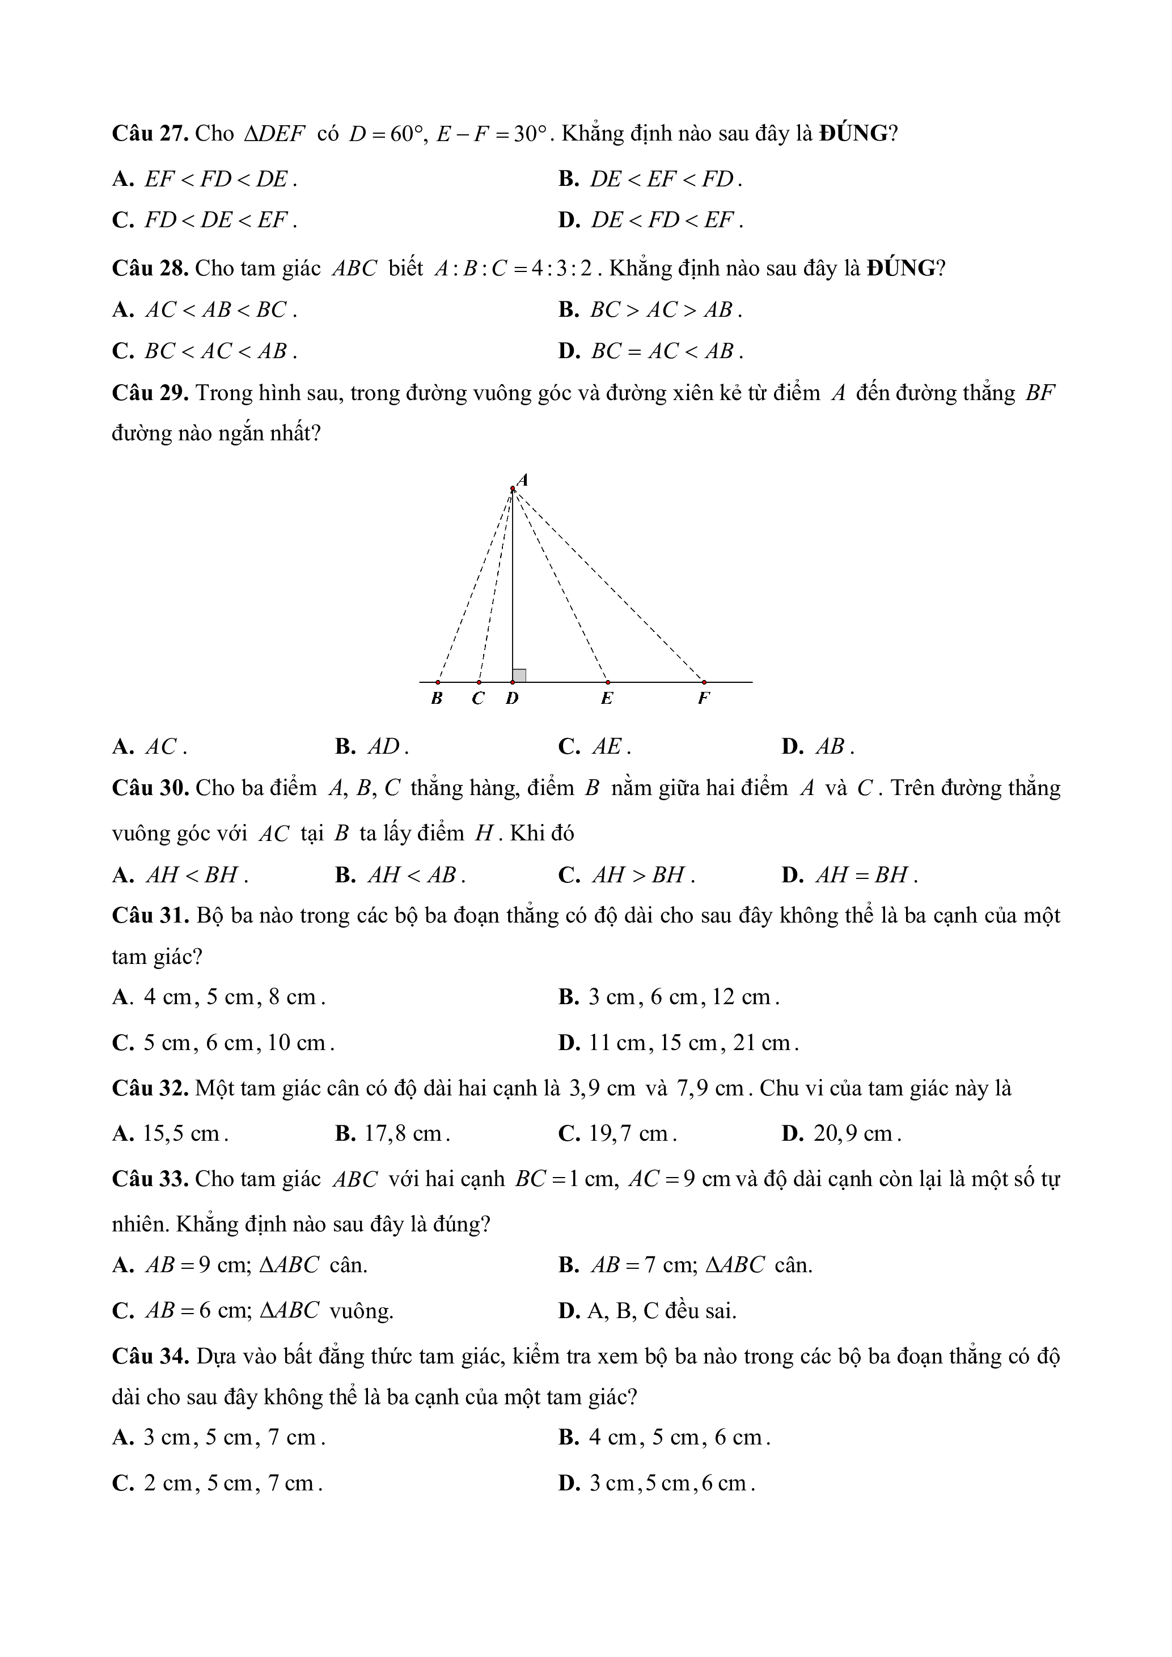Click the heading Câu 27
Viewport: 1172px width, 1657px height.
point(150,134)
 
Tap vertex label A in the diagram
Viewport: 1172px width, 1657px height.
point(523,479)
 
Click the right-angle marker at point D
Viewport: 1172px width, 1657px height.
point(519,675)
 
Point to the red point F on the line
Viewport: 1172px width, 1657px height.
point(704,681)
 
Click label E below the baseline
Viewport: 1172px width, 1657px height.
point(607,699)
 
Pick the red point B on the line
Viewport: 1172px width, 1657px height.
point(438,681)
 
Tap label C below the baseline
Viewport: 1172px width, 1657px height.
point(478,699)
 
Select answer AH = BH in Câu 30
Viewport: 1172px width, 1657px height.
point(862,875)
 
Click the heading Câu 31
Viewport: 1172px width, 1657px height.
point(150,916)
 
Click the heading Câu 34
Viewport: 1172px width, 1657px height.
point(150,1356)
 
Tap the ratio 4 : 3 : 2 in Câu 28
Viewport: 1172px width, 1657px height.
point(561,269)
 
